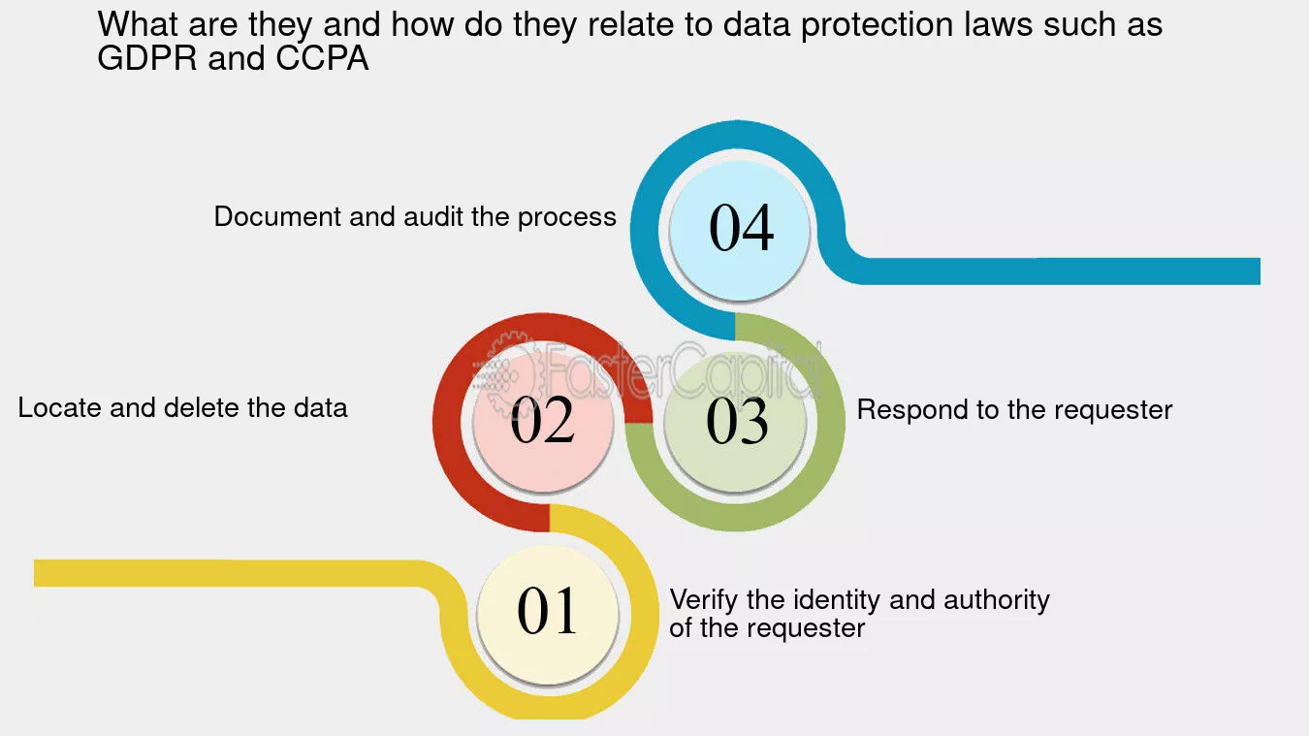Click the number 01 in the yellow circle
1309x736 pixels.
(547, 611)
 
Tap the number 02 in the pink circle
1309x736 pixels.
(542, 419)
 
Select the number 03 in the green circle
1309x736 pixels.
(737, 421)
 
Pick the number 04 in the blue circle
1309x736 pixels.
(741, 228)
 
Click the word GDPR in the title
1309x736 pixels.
(147, 58)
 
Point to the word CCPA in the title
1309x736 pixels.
(322, 58)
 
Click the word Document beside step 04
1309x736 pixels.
(277, 216)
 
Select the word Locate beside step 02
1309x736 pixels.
(59, 407)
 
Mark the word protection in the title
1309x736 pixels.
(878, 26)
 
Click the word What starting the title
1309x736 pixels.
(138, 24)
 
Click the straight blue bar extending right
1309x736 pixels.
(1058, 272)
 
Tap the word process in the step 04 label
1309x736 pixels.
(567, 217)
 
